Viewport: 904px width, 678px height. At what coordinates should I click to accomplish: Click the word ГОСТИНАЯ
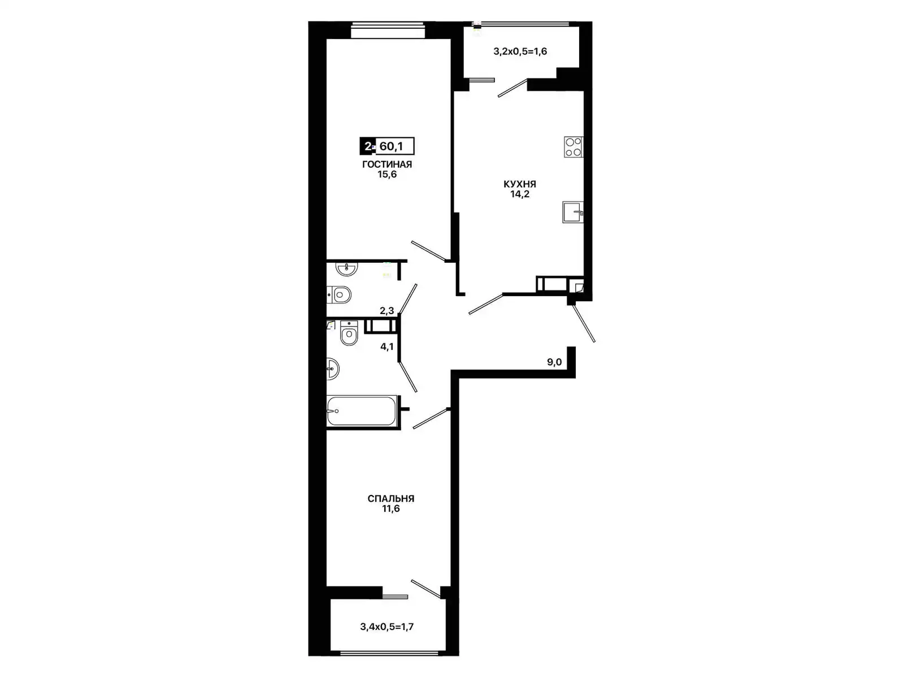[x=386, y=164]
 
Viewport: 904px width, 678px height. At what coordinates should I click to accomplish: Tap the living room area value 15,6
[x=387, y=175]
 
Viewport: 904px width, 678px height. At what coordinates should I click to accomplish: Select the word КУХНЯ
[x=520, y=184]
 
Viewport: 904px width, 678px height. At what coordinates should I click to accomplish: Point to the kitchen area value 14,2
[x=520, y=194]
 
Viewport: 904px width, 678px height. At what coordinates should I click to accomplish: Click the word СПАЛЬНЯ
[x=391, y=498]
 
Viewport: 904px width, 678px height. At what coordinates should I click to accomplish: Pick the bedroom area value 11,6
[x=391, y=509]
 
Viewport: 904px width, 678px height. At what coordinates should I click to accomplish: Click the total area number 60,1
[x=391, y=146]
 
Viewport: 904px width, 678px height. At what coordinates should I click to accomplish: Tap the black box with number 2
[x=367, y=146]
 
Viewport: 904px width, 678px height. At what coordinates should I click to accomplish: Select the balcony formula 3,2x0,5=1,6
[x=520, y=51]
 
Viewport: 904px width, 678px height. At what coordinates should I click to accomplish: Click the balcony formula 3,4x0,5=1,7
[x=386, y=627]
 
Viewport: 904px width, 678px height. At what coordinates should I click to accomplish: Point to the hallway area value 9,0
[x=554, y=362]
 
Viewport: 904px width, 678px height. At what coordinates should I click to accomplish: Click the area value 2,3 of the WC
[x=386, y=311]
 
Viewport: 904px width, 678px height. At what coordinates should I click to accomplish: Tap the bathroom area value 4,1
[x=386, y=346]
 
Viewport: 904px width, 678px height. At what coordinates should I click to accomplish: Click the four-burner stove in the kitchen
[x=573, y=147]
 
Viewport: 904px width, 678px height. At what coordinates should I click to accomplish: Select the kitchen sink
[x=573, y=212]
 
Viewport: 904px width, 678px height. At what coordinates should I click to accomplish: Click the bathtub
[x=362, y=411]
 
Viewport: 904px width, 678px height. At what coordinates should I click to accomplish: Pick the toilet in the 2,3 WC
[x=339, y=295]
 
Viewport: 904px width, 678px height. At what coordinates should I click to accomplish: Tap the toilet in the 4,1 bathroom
[x=349, y=333]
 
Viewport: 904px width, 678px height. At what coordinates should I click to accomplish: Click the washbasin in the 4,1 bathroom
[x=333, y=369]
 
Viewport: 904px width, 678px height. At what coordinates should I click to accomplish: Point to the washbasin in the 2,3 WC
[x=347, y=268]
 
